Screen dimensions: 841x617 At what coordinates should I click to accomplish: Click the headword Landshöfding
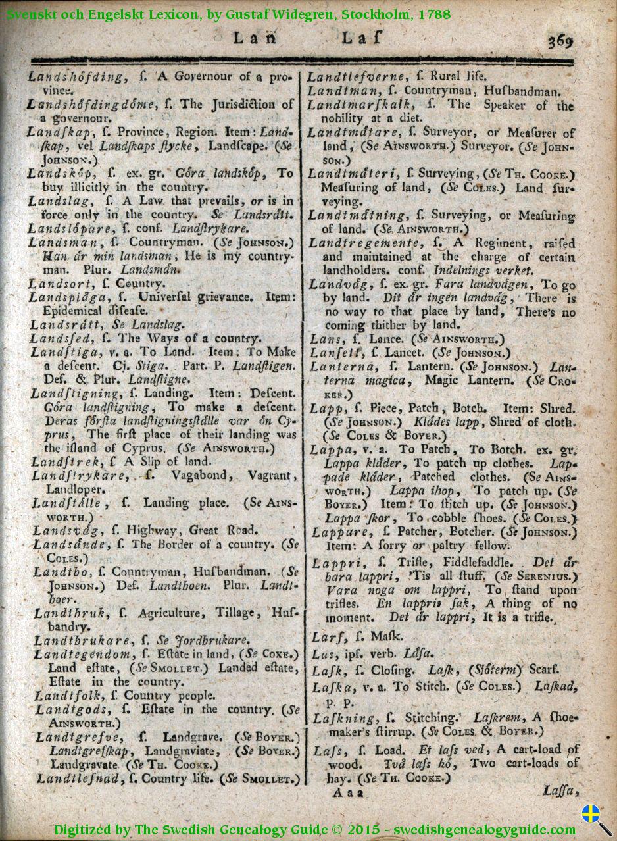point(75,77)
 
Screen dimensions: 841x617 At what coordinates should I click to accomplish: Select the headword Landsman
point(62,242)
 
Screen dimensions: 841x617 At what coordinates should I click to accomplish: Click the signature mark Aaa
point(347,792)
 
